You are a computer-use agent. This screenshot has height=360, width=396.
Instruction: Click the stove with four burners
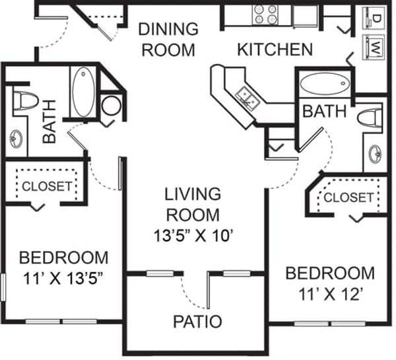coord(265,15)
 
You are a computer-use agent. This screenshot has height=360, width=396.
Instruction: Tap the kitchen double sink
coord(247,98)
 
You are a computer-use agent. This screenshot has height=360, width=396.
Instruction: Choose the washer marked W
coord(374,48)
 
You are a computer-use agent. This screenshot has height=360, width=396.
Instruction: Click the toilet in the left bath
coord(25,101)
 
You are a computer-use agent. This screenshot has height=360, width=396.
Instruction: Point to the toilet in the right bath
coord(370,118)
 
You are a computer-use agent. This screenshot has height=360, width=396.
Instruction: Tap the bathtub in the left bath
coord(84,92)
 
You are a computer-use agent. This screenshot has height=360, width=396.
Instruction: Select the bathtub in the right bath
coord(325,84)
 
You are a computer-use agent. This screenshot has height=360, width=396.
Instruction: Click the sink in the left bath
coord(16,139)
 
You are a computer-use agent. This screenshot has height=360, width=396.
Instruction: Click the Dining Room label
coord(168,40)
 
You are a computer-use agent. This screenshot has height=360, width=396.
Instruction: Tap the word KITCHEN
coord(275,50)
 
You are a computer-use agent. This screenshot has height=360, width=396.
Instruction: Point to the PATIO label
coord(197,321)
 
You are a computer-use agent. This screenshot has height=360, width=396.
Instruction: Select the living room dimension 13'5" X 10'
coord(193,236)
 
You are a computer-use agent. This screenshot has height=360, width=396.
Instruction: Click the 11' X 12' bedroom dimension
coord(331,294)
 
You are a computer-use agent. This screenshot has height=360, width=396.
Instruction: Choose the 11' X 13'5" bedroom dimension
coord(63,278)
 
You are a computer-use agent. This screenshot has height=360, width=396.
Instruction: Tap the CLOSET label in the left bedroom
coord(47,186)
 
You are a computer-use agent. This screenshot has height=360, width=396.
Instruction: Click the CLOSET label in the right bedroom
coord(348,198)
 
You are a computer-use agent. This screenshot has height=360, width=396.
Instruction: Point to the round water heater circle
coord(111,106)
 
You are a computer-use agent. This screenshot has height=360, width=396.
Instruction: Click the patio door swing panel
coord(208,290)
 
